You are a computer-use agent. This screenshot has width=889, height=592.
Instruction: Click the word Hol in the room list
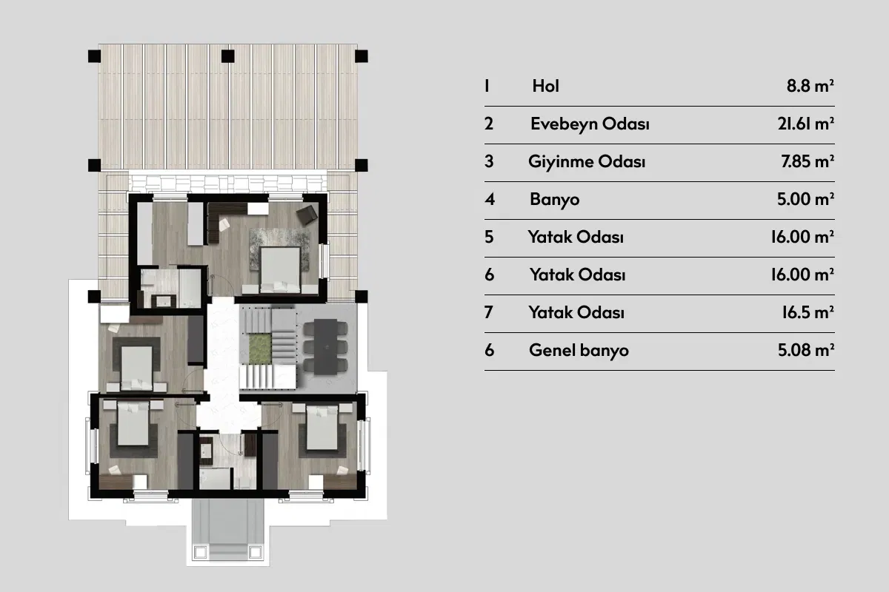tap(546, 86)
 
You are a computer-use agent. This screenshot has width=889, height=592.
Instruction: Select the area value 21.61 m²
tap(806, 124)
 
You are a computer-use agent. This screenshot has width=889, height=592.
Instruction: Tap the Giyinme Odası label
tap(587, 162)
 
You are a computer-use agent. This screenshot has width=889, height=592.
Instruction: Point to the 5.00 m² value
tap(806, 199)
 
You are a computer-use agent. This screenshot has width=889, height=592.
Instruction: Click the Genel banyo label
tap(579, 351)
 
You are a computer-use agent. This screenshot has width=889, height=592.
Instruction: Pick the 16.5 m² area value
tap(808, 312)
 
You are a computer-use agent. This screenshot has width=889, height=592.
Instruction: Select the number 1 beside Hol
tap(487, 86)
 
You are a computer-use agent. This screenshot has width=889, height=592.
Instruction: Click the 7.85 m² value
tap(808, 161)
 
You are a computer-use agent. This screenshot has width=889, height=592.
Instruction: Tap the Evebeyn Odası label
tap(590, 124)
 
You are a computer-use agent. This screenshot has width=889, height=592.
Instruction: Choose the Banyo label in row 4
tap(554, 200)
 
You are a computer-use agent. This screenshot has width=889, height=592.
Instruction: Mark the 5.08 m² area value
tap(806, 350)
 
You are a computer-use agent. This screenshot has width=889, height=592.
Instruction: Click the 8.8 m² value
tap(810, 86)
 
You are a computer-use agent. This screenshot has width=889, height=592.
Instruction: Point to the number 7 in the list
tap(489, 312)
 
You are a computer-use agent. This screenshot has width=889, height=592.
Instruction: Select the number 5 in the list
tap(489, 237)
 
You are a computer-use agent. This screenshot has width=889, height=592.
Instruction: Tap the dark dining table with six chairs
tap(326, 346)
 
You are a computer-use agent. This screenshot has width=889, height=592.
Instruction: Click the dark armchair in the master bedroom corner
tap(307, 215)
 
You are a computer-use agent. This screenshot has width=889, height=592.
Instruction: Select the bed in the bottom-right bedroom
tap(322, 428)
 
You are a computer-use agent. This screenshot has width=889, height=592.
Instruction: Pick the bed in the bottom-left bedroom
tap(133, 423)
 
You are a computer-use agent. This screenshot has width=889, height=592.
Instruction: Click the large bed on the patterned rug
tap(280, 270)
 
